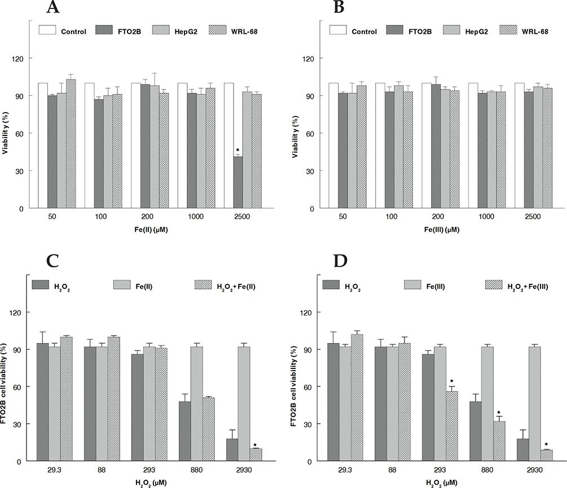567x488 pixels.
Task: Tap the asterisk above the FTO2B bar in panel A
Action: pyautogui.click(x=239, y=151)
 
